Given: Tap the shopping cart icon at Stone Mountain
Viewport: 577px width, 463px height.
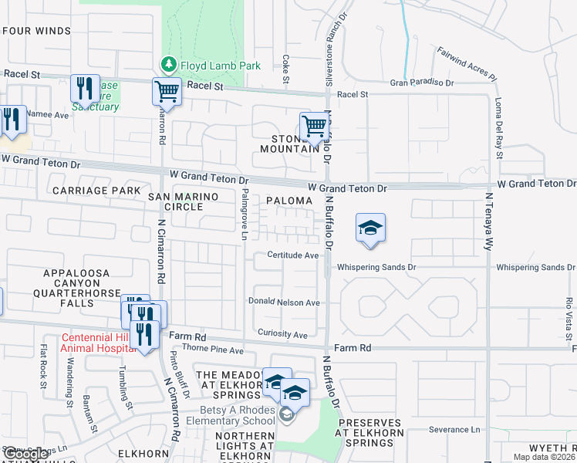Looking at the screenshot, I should [313, 125].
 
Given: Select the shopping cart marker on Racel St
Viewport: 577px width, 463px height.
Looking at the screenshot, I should [167, 91].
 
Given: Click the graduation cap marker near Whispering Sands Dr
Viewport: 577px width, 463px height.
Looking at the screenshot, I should [370, 228].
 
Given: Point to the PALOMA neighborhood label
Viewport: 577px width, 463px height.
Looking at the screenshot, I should [288, 201].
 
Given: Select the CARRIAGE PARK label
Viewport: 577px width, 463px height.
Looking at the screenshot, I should [96, 190].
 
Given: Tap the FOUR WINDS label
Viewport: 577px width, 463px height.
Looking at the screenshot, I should [36, 32].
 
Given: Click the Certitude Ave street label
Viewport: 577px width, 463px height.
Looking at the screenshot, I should [293, 255].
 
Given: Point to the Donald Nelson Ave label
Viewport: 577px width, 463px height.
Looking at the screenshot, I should [284, 302].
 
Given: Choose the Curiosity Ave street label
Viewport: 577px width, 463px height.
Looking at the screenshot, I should [282, 335].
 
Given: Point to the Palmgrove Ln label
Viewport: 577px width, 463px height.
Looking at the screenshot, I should [245, 214].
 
